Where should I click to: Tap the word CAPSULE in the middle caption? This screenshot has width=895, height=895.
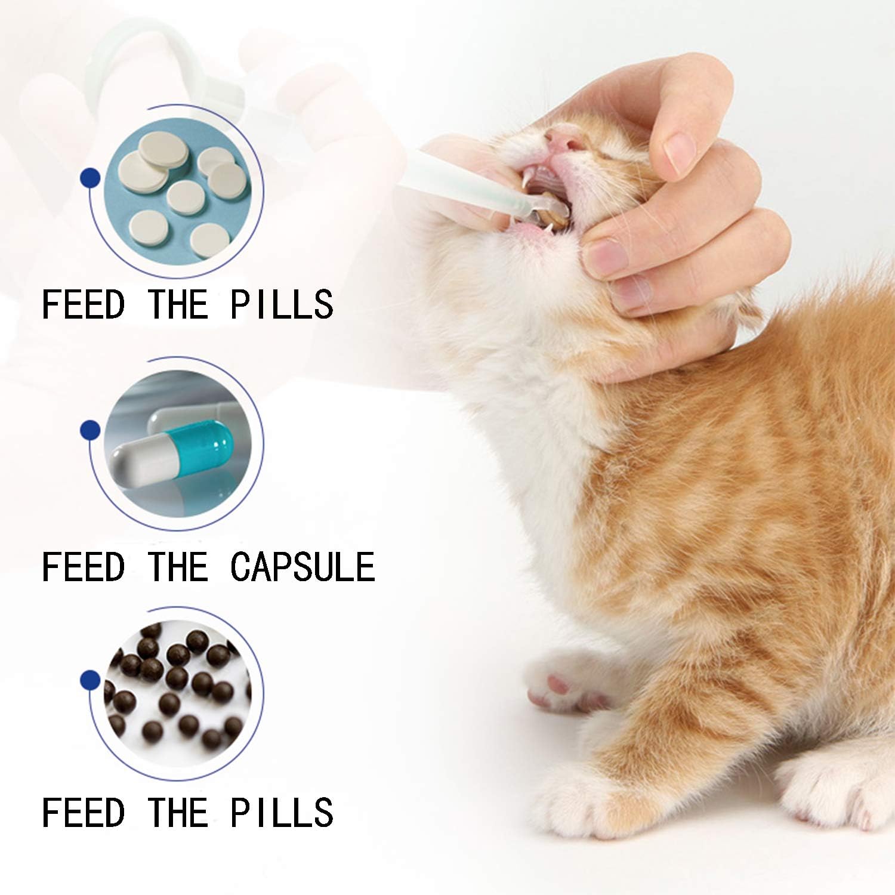click(x=303, y=567)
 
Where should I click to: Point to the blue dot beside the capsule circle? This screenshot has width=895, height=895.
click(x=89, y=428)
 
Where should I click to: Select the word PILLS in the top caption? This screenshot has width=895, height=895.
click(x=282, y=304)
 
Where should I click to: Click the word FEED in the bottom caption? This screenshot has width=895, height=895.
click(x=83, y=813)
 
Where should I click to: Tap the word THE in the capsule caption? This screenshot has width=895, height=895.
click(x=177, y=567)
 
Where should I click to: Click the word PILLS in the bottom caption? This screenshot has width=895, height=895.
click(x=282, y=813)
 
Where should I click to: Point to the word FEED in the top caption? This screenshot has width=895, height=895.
click(x=83, y=304)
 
